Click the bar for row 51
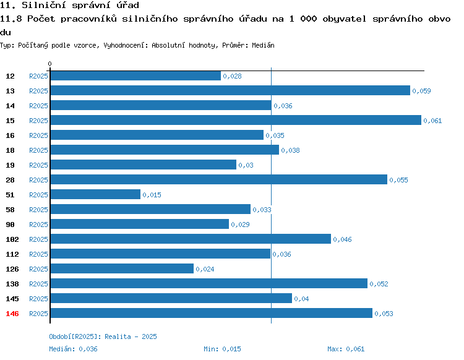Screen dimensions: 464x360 (x=95, y=194)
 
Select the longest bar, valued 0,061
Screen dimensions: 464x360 (x=236, y=120)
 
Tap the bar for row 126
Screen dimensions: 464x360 (x=122, y=268)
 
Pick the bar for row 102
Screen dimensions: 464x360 (x=191, y=239)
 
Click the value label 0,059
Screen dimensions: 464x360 (x=421, y=91)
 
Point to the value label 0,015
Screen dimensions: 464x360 (x=152, y=195)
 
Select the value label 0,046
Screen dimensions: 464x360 (x=342, y=239)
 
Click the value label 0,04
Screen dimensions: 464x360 (x=301, y=299)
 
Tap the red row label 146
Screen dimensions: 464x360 (x=12, y=314)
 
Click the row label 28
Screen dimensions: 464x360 (x=10, y=180)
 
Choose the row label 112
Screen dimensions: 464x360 (x=12, y=254)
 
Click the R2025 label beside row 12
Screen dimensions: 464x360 (x=38, y=76)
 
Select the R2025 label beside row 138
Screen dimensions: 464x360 (x=38, y=284)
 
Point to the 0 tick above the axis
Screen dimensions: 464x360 (x=49, y=64)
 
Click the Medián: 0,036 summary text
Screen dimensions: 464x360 (x=73, y=349)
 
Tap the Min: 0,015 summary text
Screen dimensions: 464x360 (x=222, y=349)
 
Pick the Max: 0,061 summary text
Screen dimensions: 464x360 (x=346, y=349)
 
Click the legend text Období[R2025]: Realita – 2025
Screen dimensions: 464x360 (x=103, y=336)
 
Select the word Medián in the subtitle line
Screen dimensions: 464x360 (x=263, y=45)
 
